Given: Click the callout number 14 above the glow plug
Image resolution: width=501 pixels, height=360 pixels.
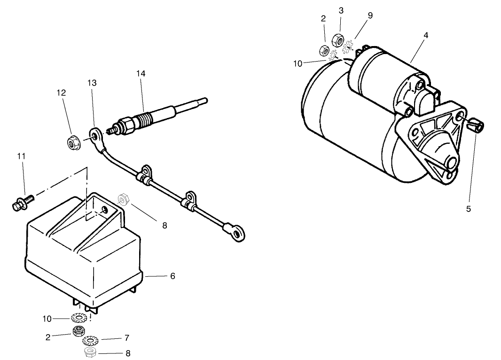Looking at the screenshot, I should pos(141,74).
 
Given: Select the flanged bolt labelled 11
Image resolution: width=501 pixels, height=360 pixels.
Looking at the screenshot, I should pos(21,203).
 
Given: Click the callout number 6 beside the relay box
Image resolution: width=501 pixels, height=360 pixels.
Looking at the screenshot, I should pos(172,276).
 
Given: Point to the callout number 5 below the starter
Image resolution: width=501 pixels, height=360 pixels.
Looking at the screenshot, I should pos(469,209).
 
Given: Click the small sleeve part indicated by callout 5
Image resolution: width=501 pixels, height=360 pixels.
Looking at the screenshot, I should pos(477,125).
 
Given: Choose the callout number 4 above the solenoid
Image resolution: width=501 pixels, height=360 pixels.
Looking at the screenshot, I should pos(426,35).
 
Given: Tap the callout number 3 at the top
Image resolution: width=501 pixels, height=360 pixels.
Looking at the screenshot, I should pos(341,11).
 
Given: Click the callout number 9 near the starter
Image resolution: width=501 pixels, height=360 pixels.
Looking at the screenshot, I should pos(370,16).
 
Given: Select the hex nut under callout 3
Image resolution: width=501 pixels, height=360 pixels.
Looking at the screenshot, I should pos(337,39).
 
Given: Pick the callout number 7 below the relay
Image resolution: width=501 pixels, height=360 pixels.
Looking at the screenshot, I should pos(127,338).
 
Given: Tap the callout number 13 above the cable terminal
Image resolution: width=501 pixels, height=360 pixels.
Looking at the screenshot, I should pos(92,83).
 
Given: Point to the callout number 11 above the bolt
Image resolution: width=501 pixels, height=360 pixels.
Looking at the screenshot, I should pos(22,156).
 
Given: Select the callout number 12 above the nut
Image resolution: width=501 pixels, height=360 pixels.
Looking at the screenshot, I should pos(62,93).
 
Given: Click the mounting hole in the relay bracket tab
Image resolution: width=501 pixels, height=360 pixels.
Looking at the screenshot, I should pos(103,209).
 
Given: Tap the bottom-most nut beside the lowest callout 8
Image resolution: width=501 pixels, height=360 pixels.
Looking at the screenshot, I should pos(89,352).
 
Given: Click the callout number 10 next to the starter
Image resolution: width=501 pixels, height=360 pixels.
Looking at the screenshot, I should pos(298,64).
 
